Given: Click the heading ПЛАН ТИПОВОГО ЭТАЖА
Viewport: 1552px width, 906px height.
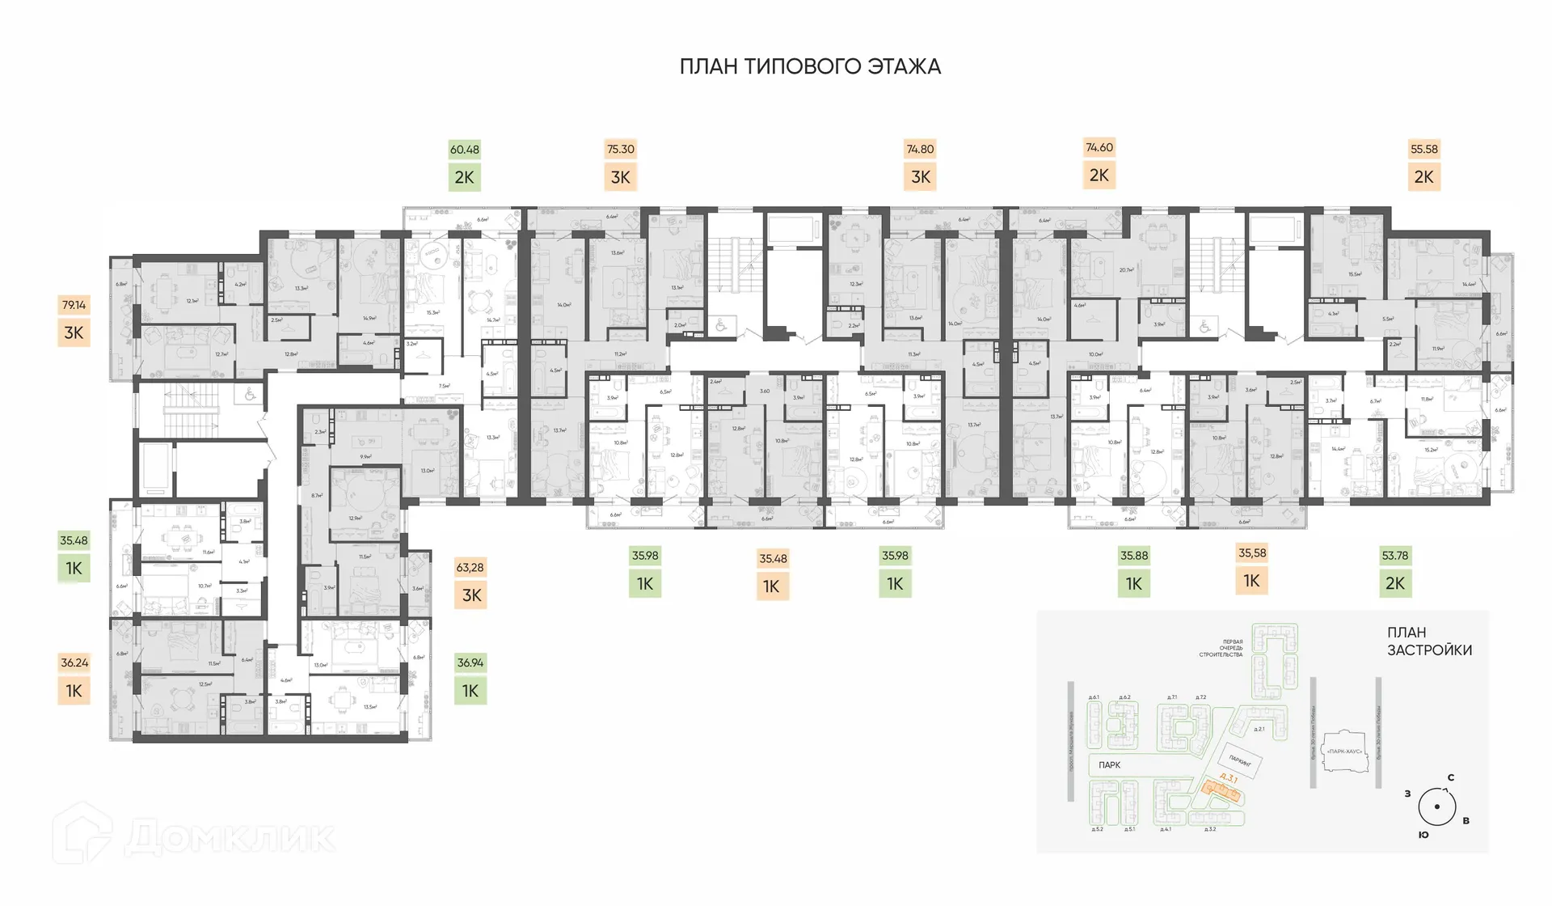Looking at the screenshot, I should [x=810, y=66].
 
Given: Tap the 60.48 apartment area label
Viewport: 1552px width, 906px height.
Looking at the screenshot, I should [x=465, y=150].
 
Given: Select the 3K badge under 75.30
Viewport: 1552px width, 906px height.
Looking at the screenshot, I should [x=621, y=177].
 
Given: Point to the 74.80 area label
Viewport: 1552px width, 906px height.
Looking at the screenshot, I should [x=920, y=150].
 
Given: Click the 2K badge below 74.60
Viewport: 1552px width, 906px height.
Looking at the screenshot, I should [x=1099, y=176].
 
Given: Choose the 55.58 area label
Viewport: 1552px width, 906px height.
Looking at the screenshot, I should [x=1424, y=150].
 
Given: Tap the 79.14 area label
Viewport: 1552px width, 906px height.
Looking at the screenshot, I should [x=74, y=305].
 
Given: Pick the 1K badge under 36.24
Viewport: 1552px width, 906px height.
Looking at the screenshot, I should [x=74, y=691].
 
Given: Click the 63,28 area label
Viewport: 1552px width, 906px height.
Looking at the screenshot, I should [x=470, y=568].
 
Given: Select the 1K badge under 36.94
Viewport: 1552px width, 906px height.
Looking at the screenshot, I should [x=470, y=691].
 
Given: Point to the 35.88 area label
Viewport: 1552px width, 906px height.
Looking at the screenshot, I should [x=1133, y=556].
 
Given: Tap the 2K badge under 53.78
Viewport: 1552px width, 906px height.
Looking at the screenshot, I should [x=1395, y=583].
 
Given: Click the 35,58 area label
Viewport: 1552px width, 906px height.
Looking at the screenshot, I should [x=1252, y=553].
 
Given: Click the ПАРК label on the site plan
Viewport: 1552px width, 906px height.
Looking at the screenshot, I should [x=1109, y=765].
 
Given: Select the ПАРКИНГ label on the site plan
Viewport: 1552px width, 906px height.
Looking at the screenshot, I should [x=1240, y=761].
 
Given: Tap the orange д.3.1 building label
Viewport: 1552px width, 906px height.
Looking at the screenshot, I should [x=1229, y=778].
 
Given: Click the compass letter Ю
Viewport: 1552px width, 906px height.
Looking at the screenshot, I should [x=1423, y=835].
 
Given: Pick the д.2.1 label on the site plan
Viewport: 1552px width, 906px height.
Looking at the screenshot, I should [x=1259, y=729].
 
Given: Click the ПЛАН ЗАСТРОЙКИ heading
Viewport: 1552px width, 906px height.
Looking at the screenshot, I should [x=1429, y=641].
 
